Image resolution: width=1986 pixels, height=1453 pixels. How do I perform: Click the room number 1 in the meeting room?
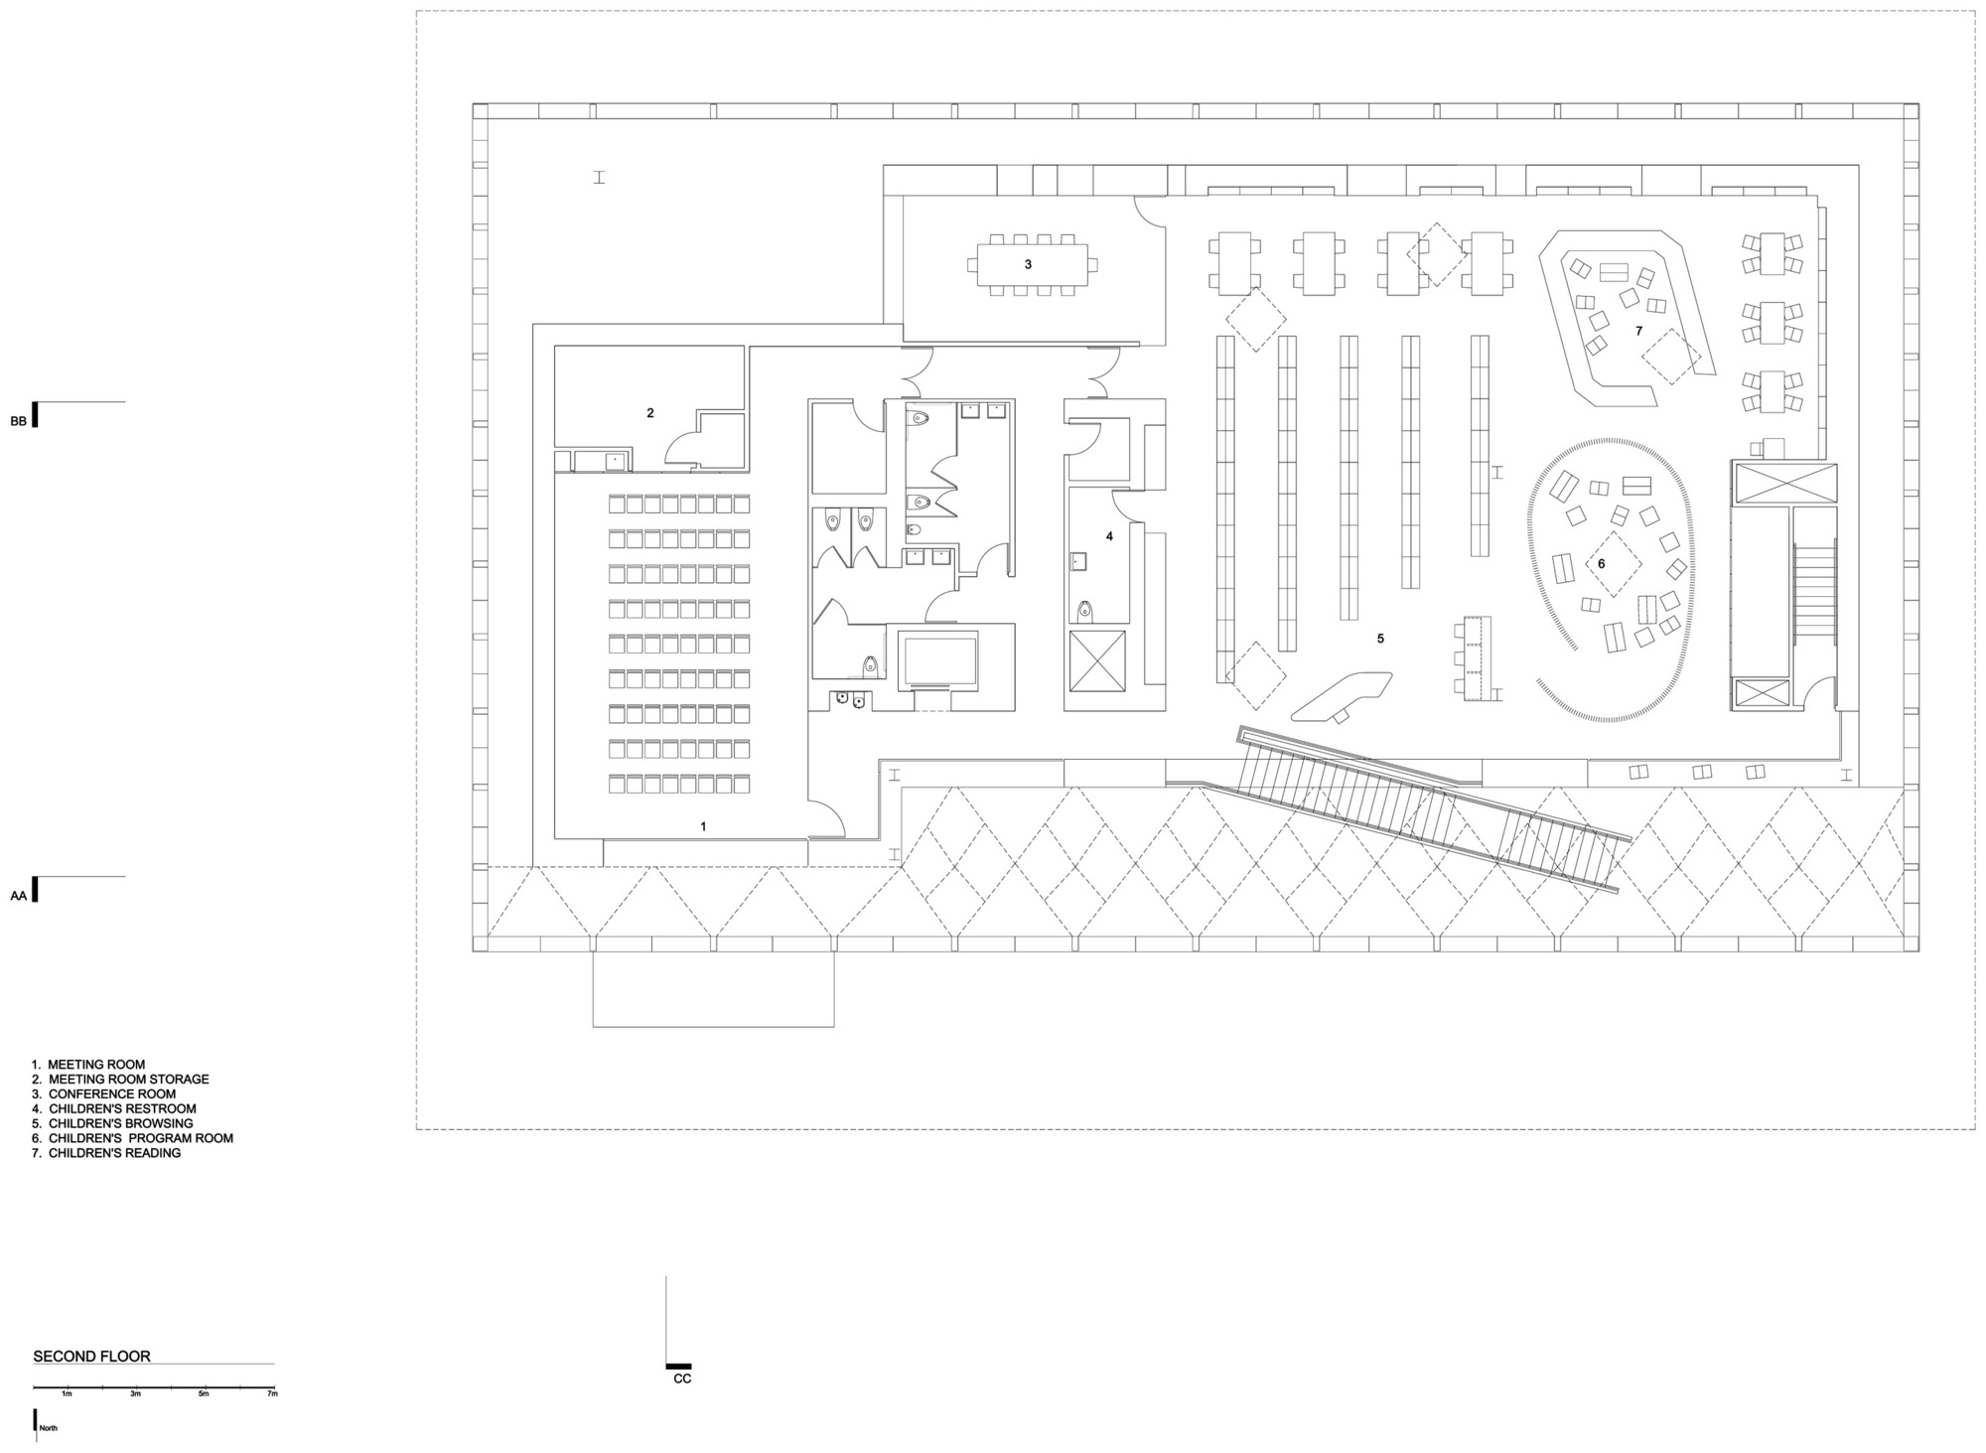[704, 826]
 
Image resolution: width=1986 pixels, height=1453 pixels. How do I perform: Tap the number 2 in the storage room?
[650, 413]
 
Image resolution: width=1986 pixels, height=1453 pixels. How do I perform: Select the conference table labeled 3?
[1029, 264]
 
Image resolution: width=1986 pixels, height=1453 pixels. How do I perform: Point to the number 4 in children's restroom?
[1110, 536]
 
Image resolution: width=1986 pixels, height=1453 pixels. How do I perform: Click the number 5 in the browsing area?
[1380, 639]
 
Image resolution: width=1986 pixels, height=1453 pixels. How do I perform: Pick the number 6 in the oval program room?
[1601, 564]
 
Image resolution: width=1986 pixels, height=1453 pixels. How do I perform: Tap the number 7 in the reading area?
[1638, 331]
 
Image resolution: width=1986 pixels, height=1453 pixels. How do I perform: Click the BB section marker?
[19, 421]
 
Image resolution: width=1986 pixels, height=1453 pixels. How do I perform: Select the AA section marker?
[19, 896]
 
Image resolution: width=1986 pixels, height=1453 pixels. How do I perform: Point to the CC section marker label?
[682, 1379]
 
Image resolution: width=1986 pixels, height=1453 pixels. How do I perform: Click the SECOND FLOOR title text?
[92, 1356]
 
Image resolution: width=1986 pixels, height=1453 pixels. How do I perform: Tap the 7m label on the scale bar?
[272, 1394]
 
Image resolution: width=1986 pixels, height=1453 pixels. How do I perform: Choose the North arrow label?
[49, 1429]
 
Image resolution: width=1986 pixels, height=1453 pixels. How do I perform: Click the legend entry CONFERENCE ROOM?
[111, 1094]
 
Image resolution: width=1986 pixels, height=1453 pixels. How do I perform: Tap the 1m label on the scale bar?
[67, 1394]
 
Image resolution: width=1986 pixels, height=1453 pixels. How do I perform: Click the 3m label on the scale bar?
[135, 1394]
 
